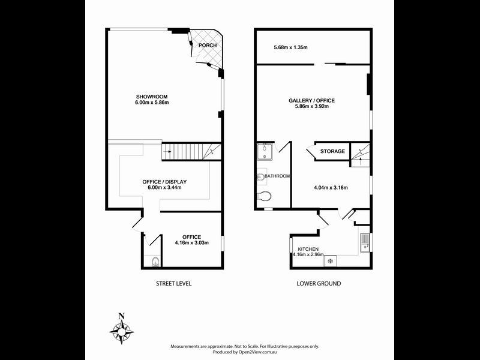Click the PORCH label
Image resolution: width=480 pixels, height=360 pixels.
[x=208, y=45]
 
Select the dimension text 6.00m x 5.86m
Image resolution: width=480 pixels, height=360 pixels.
[x=152, y=103]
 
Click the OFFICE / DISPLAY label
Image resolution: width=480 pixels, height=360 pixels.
[x=164, y=182]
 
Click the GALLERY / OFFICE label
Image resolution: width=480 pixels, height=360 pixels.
[x=311, y=100]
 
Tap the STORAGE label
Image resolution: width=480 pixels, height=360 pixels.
[x=332, y=151]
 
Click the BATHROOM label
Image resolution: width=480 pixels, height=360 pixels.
[x=277, y=176]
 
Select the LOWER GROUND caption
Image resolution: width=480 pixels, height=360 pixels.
[x=319, y=283]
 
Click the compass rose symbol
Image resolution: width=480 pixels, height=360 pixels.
[x=122, y=329]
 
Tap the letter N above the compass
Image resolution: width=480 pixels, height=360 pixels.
[x=122, y=316]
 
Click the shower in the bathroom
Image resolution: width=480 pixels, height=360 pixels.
[x=265, y=153]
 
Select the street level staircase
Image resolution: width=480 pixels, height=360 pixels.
[x=191, y=152]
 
